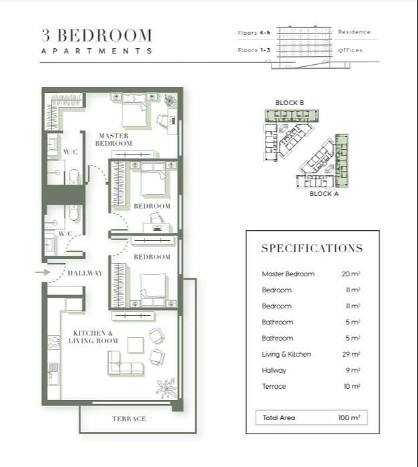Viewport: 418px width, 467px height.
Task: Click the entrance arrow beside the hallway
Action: click(43, 272)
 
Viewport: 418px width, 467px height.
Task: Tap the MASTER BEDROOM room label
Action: click(114, 140)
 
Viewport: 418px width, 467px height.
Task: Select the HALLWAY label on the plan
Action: click(85, 273)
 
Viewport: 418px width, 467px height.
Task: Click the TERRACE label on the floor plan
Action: click(129, 419)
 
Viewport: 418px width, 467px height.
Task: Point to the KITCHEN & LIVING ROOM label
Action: click(93, 337)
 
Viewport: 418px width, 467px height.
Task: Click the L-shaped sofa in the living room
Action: click(125, 363)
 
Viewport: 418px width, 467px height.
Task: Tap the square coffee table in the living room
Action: click(136, 345)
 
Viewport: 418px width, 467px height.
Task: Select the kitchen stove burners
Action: click(54, 343)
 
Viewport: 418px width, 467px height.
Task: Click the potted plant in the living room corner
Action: click(166, 388)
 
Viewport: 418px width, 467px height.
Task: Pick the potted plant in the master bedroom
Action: click(171, 100)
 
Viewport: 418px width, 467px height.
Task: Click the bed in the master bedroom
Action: click(134, 110)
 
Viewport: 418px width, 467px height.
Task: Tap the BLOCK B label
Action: click(290, 103)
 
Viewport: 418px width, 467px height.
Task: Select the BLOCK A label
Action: click(324, 194)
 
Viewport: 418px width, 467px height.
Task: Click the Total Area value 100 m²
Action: click(349, 417)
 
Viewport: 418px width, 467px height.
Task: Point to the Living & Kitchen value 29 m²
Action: click(351, 354)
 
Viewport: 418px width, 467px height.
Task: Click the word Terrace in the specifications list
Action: click(274, 386)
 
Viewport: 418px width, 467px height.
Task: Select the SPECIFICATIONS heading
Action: click(312, 248)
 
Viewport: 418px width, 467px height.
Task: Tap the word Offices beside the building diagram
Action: click(350, 50)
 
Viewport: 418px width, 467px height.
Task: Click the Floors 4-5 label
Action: click(254, 33)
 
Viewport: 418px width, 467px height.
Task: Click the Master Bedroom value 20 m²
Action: click(351, 274)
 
